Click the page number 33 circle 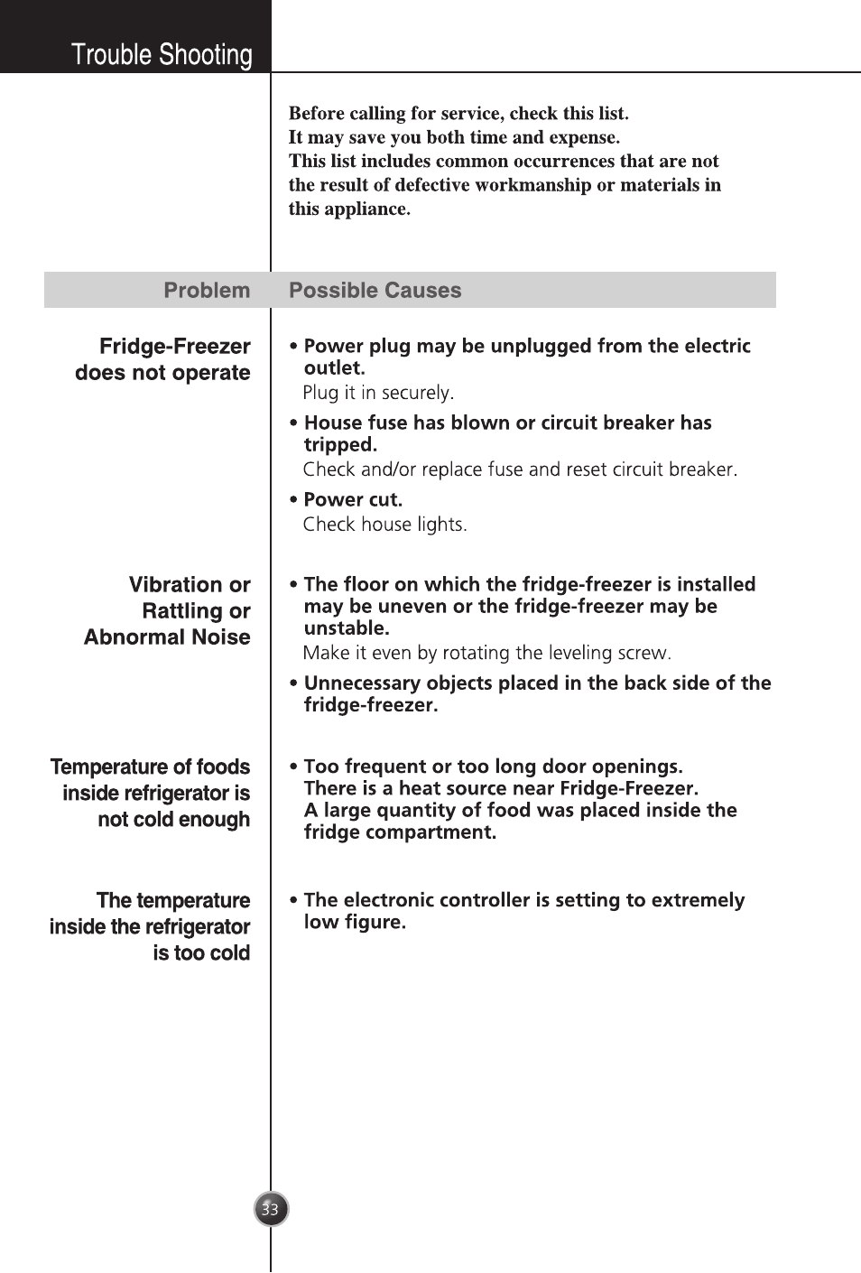[x=270, y=1209]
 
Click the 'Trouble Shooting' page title [x=162, y=55]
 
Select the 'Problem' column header [x=207, y=291]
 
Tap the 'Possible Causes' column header [x=375, y=291]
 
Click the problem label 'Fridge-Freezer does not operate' [x=163, y=359]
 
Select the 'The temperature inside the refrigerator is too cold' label [x=151, y=926]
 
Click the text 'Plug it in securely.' [x=378, y=393]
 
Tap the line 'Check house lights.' [x=384, y=525]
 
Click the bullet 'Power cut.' [x=353, y=500]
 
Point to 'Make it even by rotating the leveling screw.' [x=486, y=653]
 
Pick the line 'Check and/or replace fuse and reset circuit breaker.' [x=520, y=469]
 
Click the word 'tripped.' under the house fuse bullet [x=340, y=445]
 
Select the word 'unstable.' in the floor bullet [x=346, y=628]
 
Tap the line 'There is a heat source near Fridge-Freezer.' [x=501, y=788]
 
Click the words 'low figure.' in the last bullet [x=355, y=922]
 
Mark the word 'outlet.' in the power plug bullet [x=334, y=368]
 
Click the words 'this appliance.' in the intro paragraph [x=349, y=209]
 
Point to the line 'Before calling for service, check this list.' [x=458, y=113]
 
